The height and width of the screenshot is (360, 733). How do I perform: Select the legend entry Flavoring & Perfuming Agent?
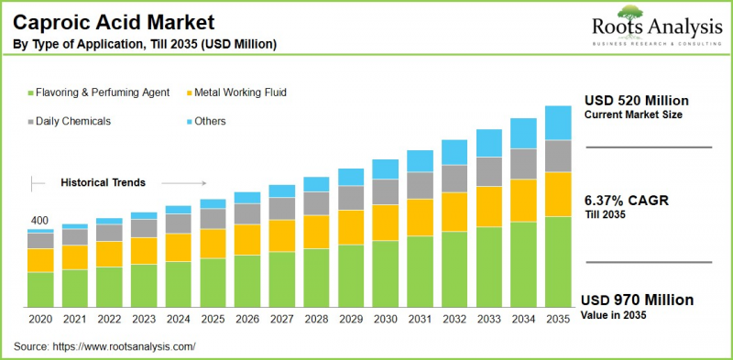click(x=101, y=93)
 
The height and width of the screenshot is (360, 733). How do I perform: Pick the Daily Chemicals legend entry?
click(x=73, y=121)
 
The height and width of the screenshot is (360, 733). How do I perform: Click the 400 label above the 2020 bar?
click(x=39, y=221)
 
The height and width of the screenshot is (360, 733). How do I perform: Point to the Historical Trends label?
click(x=103, y=182)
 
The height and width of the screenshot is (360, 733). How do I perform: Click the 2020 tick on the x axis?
click(x=39, y=319)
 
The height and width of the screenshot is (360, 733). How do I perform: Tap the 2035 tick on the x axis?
click(x=558, y=319)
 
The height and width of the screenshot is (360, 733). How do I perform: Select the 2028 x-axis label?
click(x=316, y=319)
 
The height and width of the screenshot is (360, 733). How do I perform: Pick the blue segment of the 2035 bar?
click(x=558, y=123)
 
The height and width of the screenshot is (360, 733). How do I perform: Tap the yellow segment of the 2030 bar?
click(x=385, y=223)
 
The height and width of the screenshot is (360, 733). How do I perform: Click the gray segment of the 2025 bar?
click(x=213, y=218)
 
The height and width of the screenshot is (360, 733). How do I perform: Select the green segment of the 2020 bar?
click(x=39, y=289)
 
